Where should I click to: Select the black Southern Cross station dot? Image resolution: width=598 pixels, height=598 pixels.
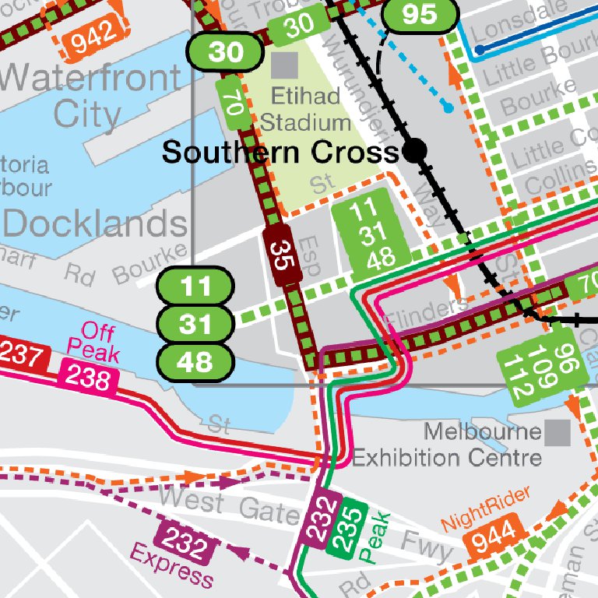416,151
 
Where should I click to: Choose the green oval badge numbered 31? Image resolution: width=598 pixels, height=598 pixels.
195,323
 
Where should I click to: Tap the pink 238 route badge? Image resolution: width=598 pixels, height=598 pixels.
88,377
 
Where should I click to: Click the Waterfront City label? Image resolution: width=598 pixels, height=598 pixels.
90,95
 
